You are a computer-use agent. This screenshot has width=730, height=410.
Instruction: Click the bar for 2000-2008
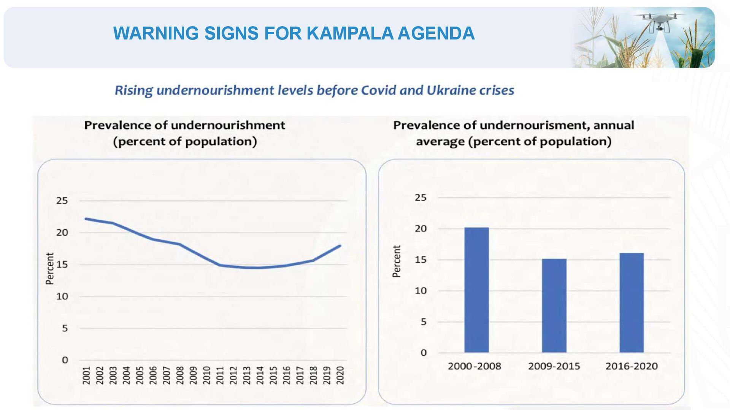(x=476, y=290)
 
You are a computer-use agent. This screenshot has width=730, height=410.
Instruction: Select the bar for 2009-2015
(x=554, y=306)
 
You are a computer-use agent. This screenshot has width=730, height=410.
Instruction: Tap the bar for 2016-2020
(x=632, y=303)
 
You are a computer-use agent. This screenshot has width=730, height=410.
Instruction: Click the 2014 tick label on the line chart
(x=260, y=375)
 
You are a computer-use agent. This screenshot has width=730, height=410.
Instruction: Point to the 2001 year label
(x=87, y=375)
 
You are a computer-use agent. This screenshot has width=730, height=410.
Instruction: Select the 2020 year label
(x=340, y=375)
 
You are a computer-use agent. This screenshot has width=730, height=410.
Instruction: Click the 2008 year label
(x=180, y=375)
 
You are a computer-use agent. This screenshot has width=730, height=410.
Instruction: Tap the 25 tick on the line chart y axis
(x=62, y=200)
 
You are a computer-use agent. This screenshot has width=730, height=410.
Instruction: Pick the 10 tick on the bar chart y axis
(x=421, y=291)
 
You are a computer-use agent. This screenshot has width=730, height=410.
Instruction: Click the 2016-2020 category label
(x=632, y=366)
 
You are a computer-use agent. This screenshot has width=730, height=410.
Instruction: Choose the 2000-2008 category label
(x=474, y=366)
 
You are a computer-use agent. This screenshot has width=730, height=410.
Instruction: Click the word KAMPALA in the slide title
(x=350, y=33)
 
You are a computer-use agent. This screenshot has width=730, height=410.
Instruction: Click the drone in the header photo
(x=661, y=21)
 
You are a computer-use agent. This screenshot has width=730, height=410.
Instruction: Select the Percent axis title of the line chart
(x=50, y=268)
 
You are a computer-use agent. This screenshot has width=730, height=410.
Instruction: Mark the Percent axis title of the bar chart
(x=397, y=261)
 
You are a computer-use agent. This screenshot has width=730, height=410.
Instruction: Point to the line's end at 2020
(x=340, y=246)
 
